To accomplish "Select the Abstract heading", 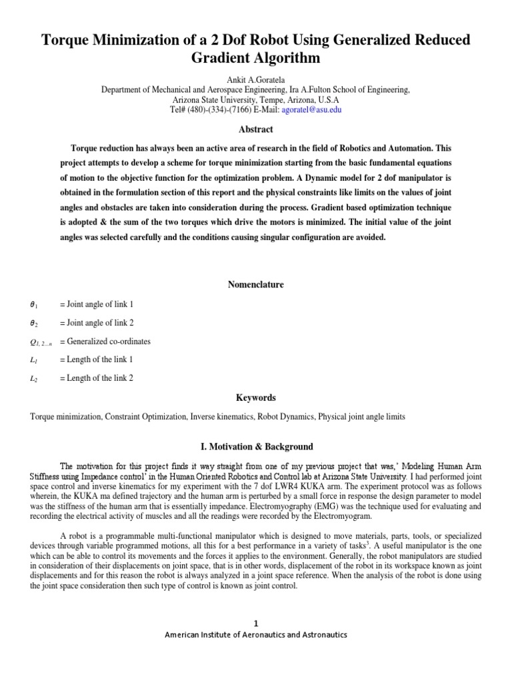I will click(x=255, y=129).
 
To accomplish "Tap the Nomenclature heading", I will click(x=255, y=285).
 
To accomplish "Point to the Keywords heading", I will click(x=255, y=398).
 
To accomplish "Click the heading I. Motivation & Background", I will click(x=255, y=446).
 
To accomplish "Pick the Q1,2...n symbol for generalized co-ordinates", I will click(x=40, y=342).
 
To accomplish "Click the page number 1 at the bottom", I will click(x=255, y=623).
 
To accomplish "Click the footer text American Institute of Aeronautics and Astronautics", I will click(x=255, y=635).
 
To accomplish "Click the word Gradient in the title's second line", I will click(x=217, y=59).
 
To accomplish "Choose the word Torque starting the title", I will click(x=67, y=40).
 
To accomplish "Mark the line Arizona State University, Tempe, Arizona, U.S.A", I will click(x=255, y=99).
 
